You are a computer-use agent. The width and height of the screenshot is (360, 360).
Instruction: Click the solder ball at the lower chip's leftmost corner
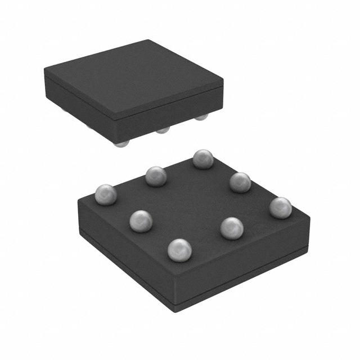click(x=105, y=194)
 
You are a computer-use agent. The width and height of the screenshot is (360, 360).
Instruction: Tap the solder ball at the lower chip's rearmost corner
click(x=202, y=159)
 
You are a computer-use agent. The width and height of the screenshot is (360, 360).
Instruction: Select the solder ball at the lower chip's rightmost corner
click(x=280, y=208)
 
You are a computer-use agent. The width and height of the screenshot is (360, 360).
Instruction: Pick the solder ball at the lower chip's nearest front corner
click(x=179, y=250)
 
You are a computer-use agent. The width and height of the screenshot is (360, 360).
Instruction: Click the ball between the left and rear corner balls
click(x=156, y=177)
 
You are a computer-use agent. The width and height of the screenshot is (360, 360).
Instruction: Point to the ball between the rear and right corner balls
click(x=240, y=182)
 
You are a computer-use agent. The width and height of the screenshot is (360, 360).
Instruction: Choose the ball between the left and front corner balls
click(x=141, y=220)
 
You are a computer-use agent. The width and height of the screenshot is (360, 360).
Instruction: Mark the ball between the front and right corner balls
click(x=232, y=228)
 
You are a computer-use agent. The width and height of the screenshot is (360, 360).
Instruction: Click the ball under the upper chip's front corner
click(x=120, y=143)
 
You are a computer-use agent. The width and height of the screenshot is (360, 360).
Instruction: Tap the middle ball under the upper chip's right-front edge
click(x=163, y=130)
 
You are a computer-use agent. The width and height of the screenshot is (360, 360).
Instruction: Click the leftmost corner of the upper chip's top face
click(x=45, y=69)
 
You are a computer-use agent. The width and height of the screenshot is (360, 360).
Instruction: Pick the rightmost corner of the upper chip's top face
click(x=223, y=82)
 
